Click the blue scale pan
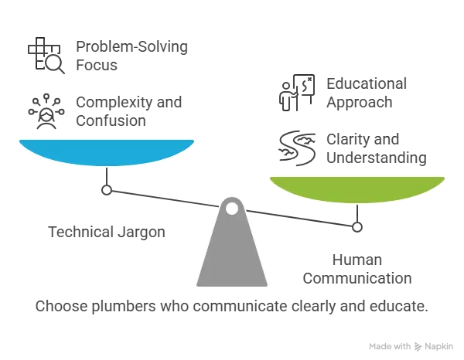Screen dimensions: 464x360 tap(107, 152)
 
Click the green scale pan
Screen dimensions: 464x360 tap(357, 189)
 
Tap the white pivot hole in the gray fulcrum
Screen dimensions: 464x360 tap(232, 209)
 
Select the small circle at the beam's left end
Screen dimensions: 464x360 tap(107, 190)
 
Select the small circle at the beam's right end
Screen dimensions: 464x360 tap(357, 227)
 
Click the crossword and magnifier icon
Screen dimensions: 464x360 tap(46, 56)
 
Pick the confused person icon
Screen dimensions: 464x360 tap(46, 111)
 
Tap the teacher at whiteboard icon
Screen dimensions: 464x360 tap(297, 93)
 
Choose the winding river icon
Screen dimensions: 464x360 tap(297, 148)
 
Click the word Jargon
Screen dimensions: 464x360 tap(142, 233)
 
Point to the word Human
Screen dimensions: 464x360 tap(357, 260)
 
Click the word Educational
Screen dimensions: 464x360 tap(367, 83)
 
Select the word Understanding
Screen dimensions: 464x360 tap(377, 158)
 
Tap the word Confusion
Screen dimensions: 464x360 tap(111, 121)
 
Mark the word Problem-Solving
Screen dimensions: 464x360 tap(132, 47)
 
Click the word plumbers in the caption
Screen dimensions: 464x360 tap(124, 306)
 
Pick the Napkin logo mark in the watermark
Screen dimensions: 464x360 tap(418, 346)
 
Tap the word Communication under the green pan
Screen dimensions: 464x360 tap(357, 278)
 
